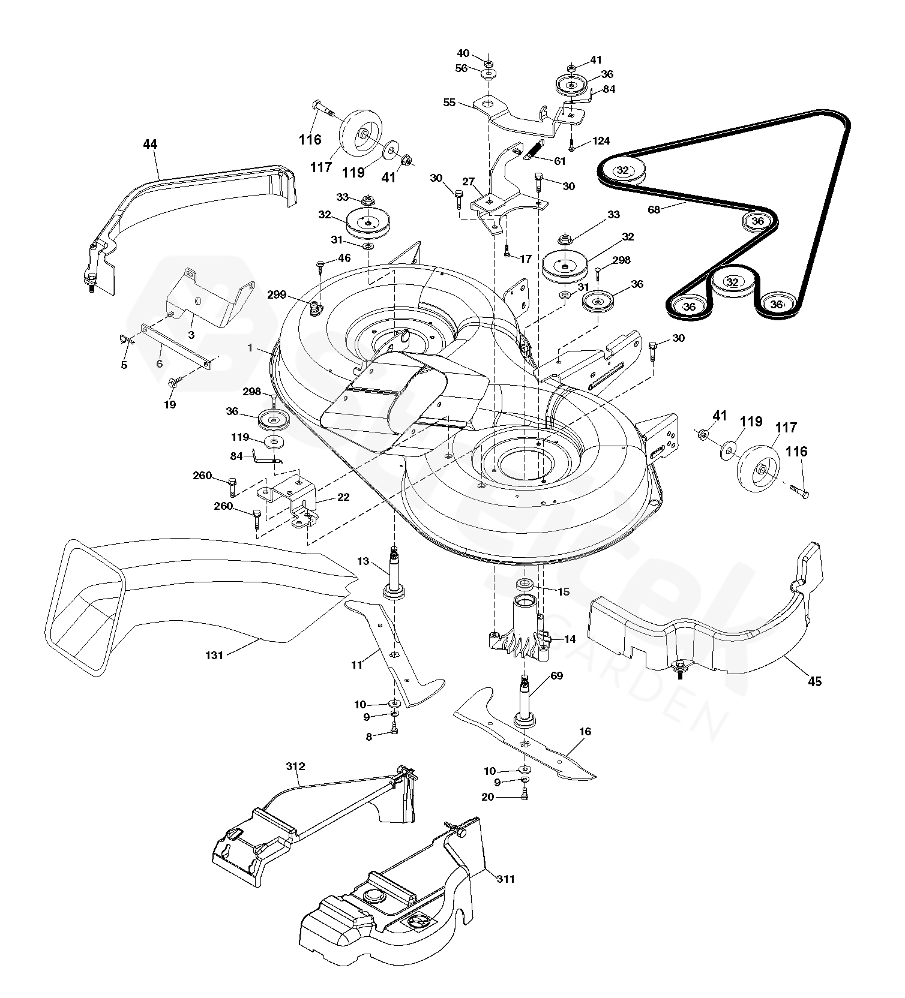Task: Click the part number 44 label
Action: click(150, 144)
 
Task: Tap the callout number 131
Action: click(214, 656)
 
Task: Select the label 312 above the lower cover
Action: click(296, 766)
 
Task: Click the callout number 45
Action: click(814, 681)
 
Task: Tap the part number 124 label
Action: click(601, 141)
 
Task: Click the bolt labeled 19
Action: click(174, 381)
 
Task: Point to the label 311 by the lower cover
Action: click(505, 879)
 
